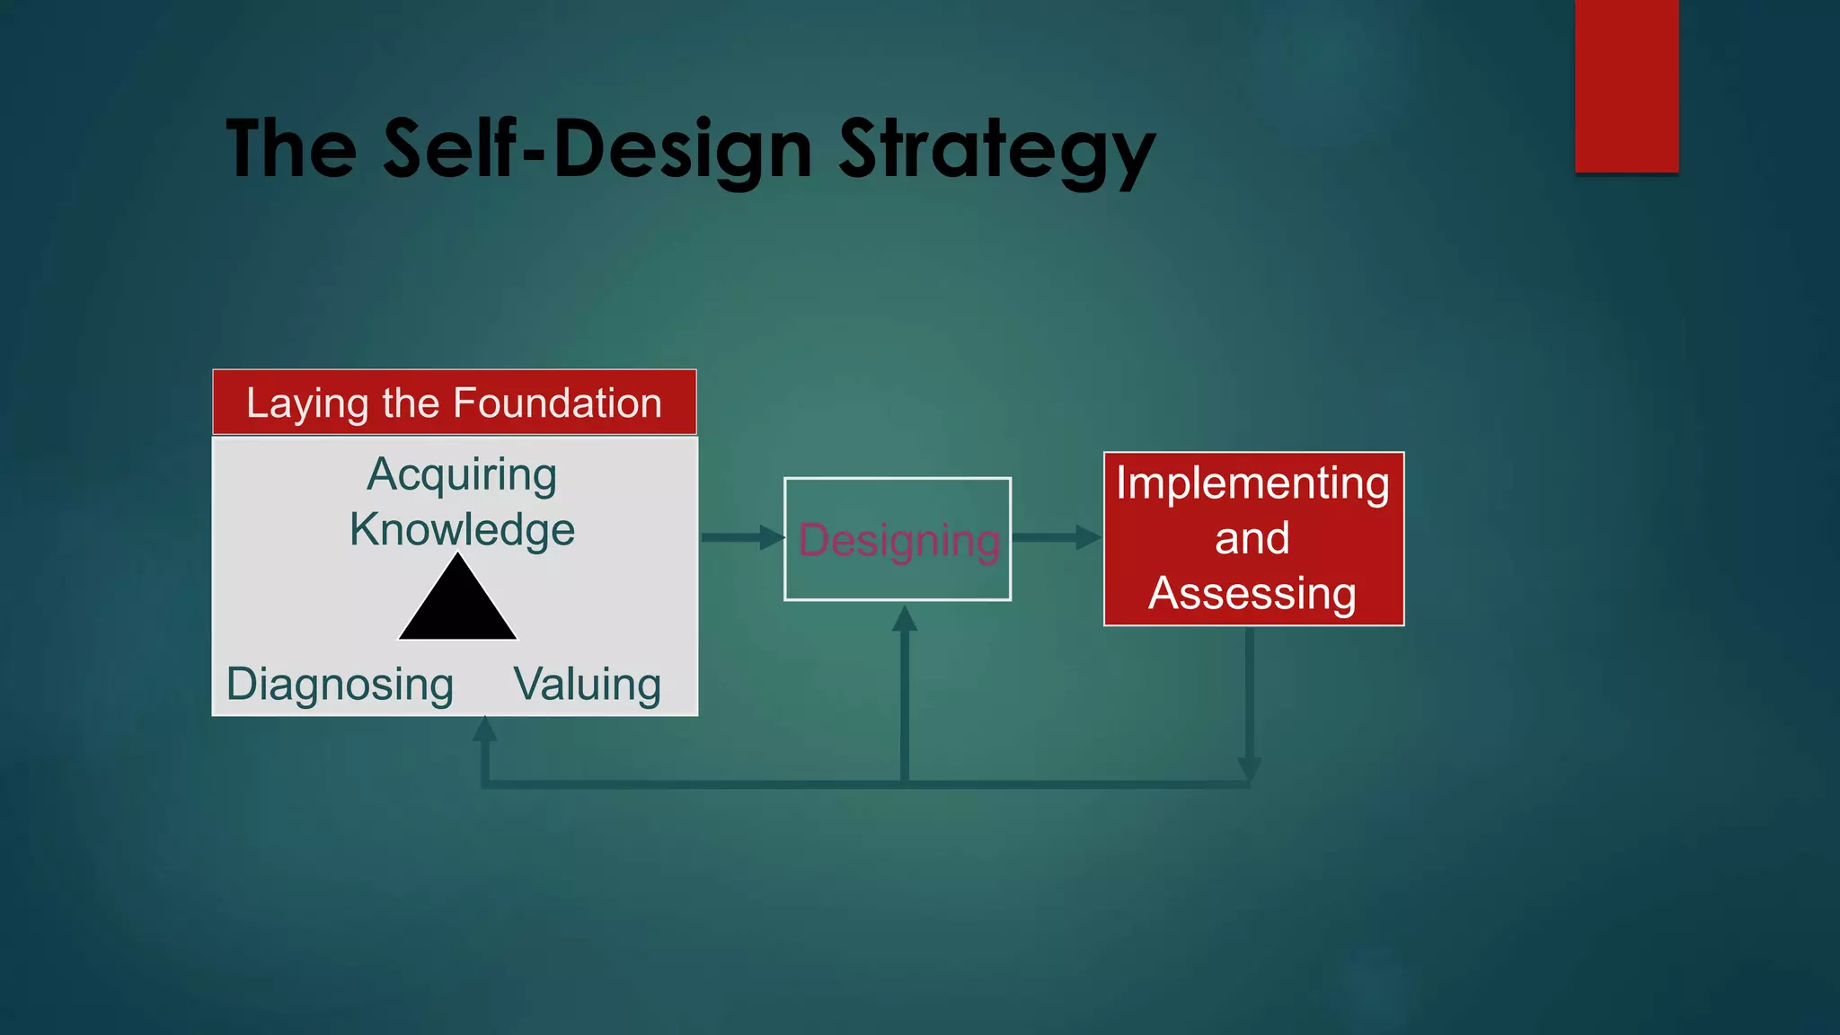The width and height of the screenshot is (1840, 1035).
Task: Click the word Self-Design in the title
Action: coord(598,150)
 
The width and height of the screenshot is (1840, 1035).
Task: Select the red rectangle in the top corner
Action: coord(1626,85)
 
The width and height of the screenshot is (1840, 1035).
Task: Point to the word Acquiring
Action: coord(462,474)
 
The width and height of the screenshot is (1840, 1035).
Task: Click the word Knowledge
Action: coord(462,529)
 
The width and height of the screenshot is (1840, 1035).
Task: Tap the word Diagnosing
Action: coord(340,685)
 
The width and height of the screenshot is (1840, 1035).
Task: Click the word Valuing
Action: coord(588,685)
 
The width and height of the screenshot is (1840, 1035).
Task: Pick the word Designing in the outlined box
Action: coord(898,541)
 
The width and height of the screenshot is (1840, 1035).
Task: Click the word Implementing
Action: coord(1252,483)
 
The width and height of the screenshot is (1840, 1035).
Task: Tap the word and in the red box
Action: coord(1252,539)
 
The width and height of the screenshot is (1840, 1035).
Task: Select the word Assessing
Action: coord(1252,594)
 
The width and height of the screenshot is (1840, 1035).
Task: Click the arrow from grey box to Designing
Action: coord(741,537)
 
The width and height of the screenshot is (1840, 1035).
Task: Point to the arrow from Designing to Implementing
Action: coord(1057,537)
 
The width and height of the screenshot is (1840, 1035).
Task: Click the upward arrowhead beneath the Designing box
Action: coord(905,618)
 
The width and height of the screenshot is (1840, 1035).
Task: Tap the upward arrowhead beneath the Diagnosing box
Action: coord(485,729)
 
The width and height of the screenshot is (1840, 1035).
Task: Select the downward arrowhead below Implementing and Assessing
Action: coord(1250,769)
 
